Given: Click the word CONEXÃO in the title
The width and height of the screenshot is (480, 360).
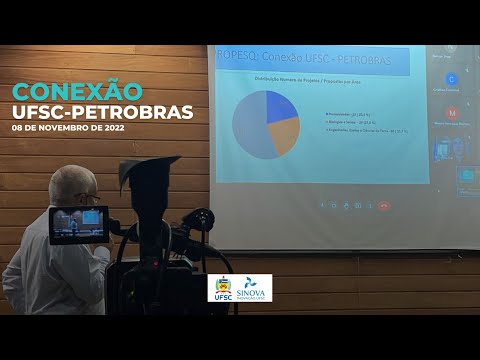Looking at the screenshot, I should [x=77, y=91].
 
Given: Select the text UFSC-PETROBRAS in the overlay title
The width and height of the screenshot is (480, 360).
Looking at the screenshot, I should [x=103, y=111].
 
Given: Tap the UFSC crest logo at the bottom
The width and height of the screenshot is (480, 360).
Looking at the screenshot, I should [x=223, y=288].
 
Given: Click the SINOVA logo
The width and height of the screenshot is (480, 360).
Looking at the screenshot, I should [x=254, y=288].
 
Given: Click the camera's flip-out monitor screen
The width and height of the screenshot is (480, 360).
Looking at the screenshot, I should [x=78, y=224].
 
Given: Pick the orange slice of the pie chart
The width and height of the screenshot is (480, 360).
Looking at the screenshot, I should [x=284, y=136].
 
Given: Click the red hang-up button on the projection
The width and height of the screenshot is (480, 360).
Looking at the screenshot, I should [x=384, y=205].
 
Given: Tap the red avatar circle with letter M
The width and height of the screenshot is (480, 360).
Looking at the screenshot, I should [x=452, y=113].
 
